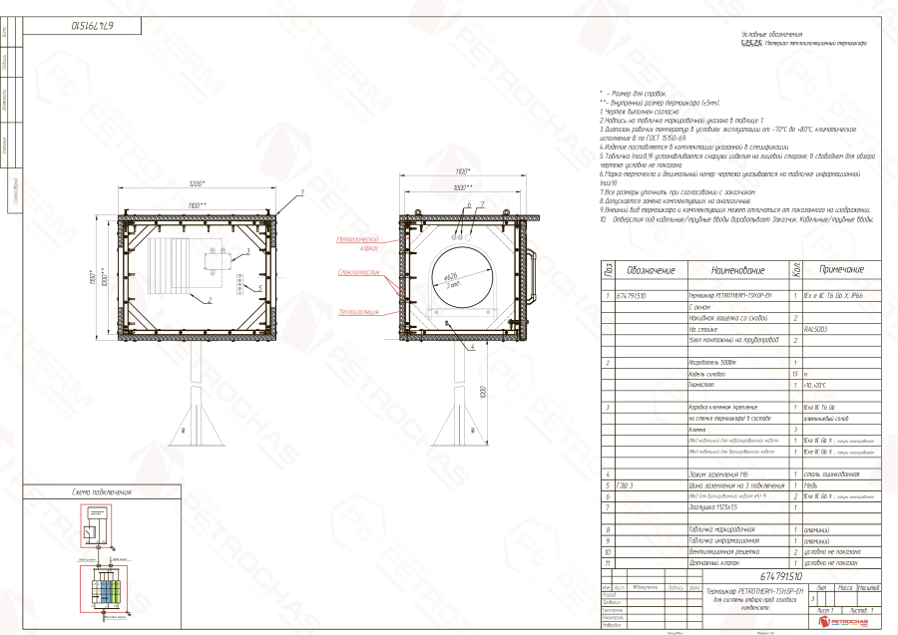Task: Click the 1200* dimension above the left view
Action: pos(196,185)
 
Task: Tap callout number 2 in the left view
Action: pos(211,299)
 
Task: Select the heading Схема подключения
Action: pos(102,492)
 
